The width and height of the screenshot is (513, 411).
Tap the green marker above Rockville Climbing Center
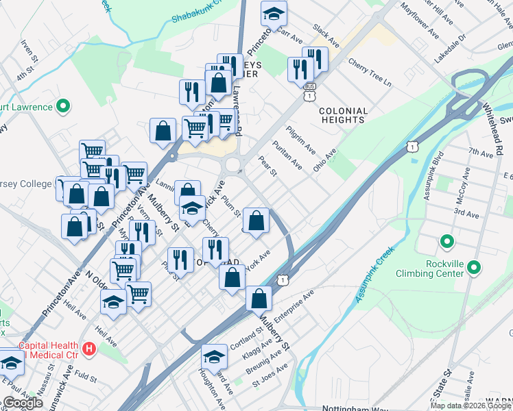click(447, 242)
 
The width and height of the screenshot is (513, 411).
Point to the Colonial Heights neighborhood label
click(343, 115)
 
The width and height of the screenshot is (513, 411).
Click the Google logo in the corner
click(23, 403)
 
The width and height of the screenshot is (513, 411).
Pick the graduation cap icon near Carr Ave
click(274, 13)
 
